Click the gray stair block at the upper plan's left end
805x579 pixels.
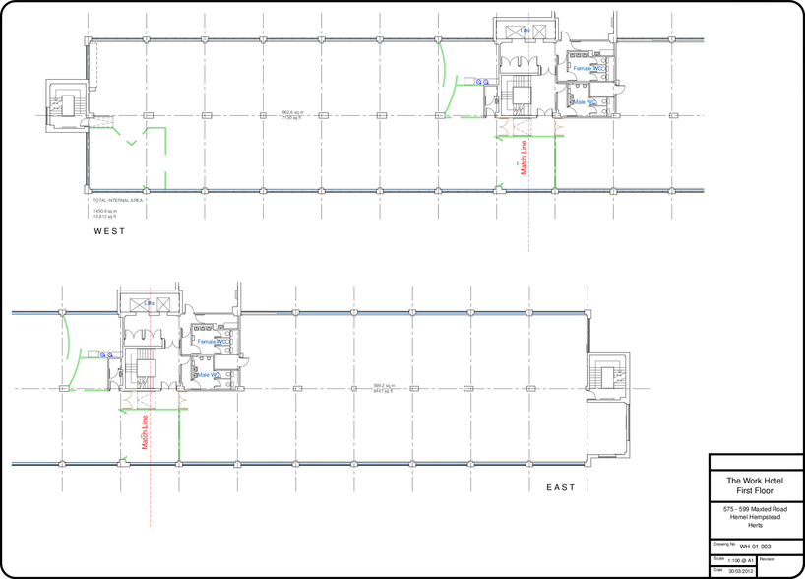(x=67, y=102)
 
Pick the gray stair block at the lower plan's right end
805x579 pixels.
(x=607, y=375)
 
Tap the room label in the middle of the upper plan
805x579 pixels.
(x=292, y=115)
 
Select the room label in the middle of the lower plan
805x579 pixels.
(x=384, y=389)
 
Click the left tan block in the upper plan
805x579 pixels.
(x=512, y=127)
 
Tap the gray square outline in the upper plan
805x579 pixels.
(x=515, y=95)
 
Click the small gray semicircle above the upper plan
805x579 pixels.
(x=611, y=21)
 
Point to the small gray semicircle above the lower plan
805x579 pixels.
(x=235, y=294)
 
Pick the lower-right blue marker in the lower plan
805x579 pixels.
(x=206, y=375)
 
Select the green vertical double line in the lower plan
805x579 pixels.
(x=179, y=434)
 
